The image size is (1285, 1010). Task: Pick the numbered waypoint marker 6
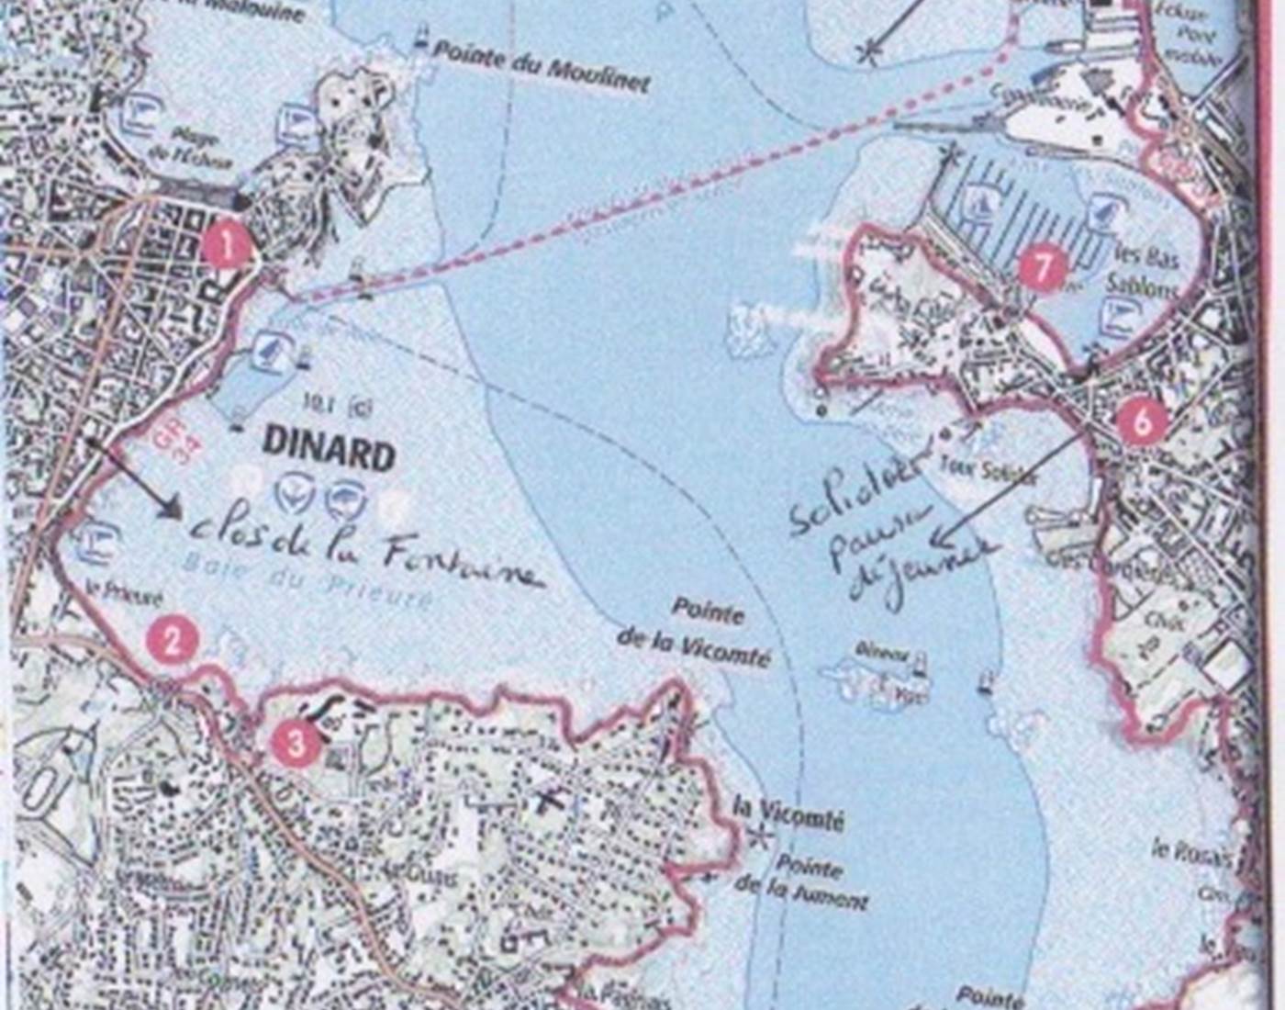point(1142,421)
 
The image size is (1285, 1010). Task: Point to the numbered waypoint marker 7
point(1042,268)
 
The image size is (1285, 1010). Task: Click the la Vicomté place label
point(788,816)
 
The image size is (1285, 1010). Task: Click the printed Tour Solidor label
point(987,470)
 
